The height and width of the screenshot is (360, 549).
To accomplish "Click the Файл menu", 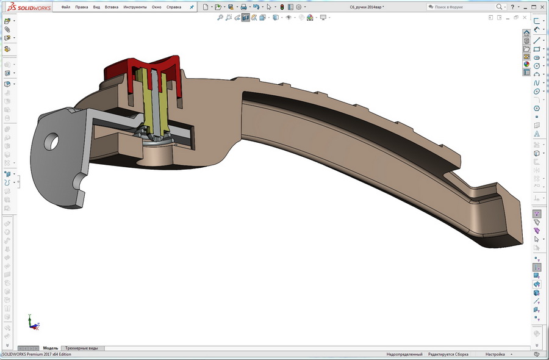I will coord(66,7).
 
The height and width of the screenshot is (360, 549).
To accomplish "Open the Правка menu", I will coord(82,7).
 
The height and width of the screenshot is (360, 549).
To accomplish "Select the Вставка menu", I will coord(112,7).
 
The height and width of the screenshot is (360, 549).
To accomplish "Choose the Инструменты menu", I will coord(135,7).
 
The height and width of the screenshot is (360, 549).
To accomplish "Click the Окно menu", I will coord(157,7).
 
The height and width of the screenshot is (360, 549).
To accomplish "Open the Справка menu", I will coord(174,7).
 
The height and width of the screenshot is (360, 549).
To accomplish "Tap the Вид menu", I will coord(96,7).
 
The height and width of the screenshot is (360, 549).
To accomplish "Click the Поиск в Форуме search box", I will coord(464,7).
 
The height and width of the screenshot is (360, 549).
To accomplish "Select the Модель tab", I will coord(51,348).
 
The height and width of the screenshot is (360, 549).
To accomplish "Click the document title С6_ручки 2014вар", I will coord(366,7).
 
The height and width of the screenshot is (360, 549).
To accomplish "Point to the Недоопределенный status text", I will coord(404,355).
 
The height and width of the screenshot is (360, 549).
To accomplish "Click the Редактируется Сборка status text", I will coord(448,355).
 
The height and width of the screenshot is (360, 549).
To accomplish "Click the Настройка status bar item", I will coord(495,355).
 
